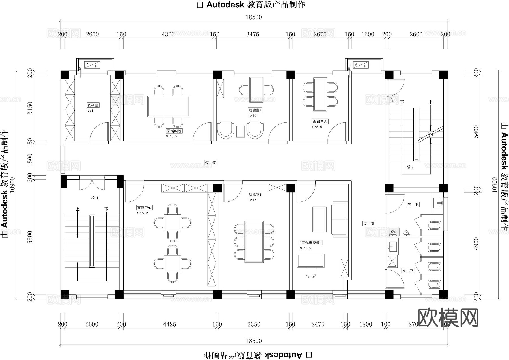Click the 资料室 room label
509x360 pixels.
point(93,105)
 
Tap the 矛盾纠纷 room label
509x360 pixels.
point(174,131)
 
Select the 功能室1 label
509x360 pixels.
point(255,110)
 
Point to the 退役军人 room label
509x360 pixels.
point(320,121)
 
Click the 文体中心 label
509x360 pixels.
point(144,208)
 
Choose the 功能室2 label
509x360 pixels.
point(255,195)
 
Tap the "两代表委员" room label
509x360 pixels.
point(310,243)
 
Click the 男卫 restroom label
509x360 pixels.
point(413,204)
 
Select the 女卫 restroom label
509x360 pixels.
point(407,271)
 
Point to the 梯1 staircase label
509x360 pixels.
point(95,198)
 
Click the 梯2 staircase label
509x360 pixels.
point(410,167)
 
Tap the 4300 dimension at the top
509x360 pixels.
point(168,34)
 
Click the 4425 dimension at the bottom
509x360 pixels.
point(169,324)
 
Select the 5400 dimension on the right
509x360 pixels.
point(476,132)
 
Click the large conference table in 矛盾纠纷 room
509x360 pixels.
point(168,106)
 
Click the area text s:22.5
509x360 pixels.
point(143,213)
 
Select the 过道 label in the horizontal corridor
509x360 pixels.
point(210,163)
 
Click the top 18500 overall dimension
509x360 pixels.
point(254,17)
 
